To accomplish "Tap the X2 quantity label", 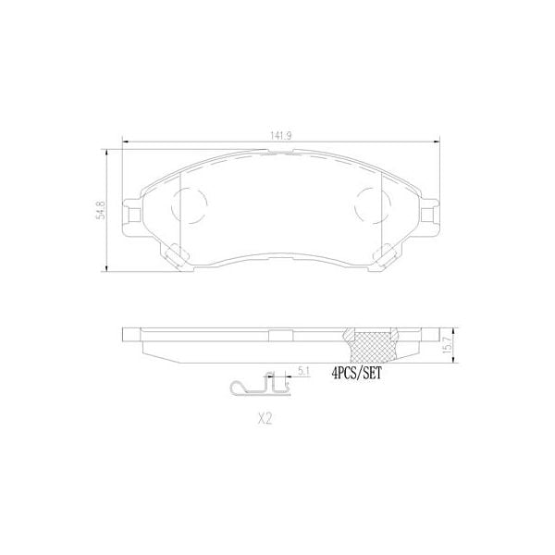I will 265,417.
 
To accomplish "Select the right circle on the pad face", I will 372,203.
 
